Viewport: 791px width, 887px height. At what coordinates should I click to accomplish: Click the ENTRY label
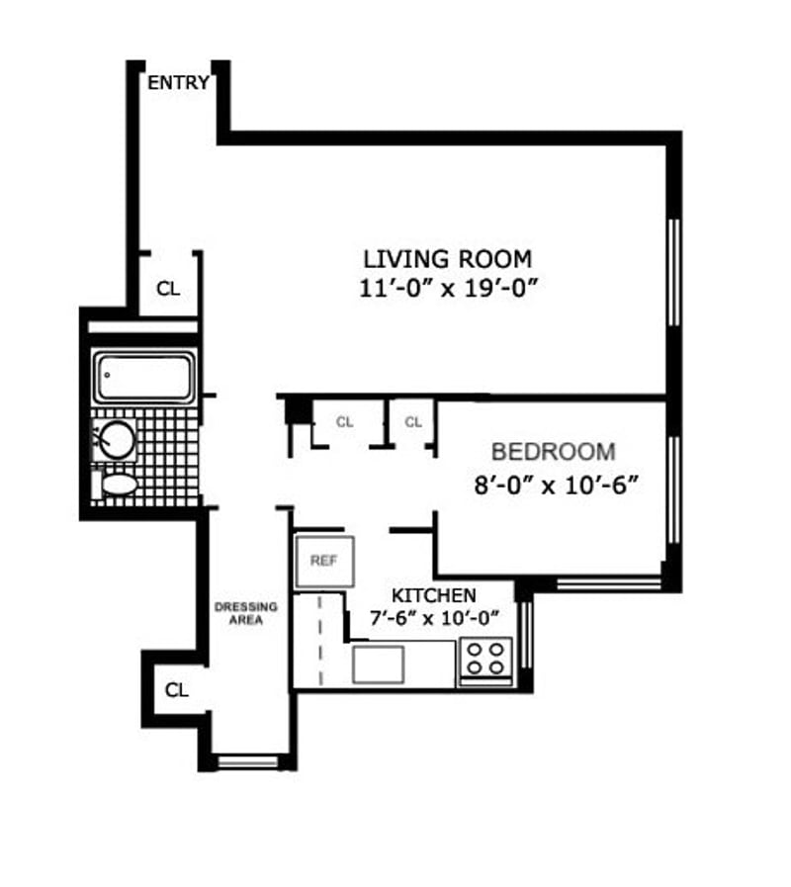178,83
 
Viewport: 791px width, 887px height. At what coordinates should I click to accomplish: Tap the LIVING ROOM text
447,259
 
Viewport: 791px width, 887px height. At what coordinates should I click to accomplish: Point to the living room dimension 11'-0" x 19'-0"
447,289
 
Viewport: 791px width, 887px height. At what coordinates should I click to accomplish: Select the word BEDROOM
554,452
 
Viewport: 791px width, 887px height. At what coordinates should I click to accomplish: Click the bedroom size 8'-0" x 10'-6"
557,486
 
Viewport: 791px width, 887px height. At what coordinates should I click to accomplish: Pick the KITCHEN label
434,595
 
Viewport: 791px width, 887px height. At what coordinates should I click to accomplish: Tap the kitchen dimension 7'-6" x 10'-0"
434,618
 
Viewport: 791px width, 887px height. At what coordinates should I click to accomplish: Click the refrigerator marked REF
324,561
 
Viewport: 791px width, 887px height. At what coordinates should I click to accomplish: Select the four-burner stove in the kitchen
485,661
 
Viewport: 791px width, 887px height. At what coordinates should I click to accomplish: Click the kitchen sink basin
378,665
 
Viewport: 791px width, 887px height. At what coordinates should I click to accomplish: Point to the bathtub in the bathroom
144,377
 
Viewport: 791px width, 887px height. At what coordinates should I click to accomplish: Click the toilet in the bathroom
115,485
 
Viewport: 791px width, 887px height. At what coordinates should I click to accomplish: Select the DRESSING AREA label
245,613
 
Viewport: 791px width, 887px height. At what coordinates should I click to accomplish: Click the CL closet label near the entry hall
167,289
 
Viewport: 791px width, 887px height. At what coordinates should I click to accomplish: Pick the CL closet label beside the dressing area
176,690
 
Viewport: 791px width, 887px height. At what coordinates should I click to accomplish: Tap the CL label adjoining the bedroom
413,422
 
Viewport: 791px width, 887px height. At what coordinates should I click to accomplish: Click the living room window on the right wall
673,273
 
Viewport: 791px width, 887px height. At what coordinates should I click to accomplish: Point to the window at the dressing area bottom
248,761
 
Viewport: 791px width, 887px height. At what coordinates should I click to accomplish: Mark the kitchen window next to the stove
526,634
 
